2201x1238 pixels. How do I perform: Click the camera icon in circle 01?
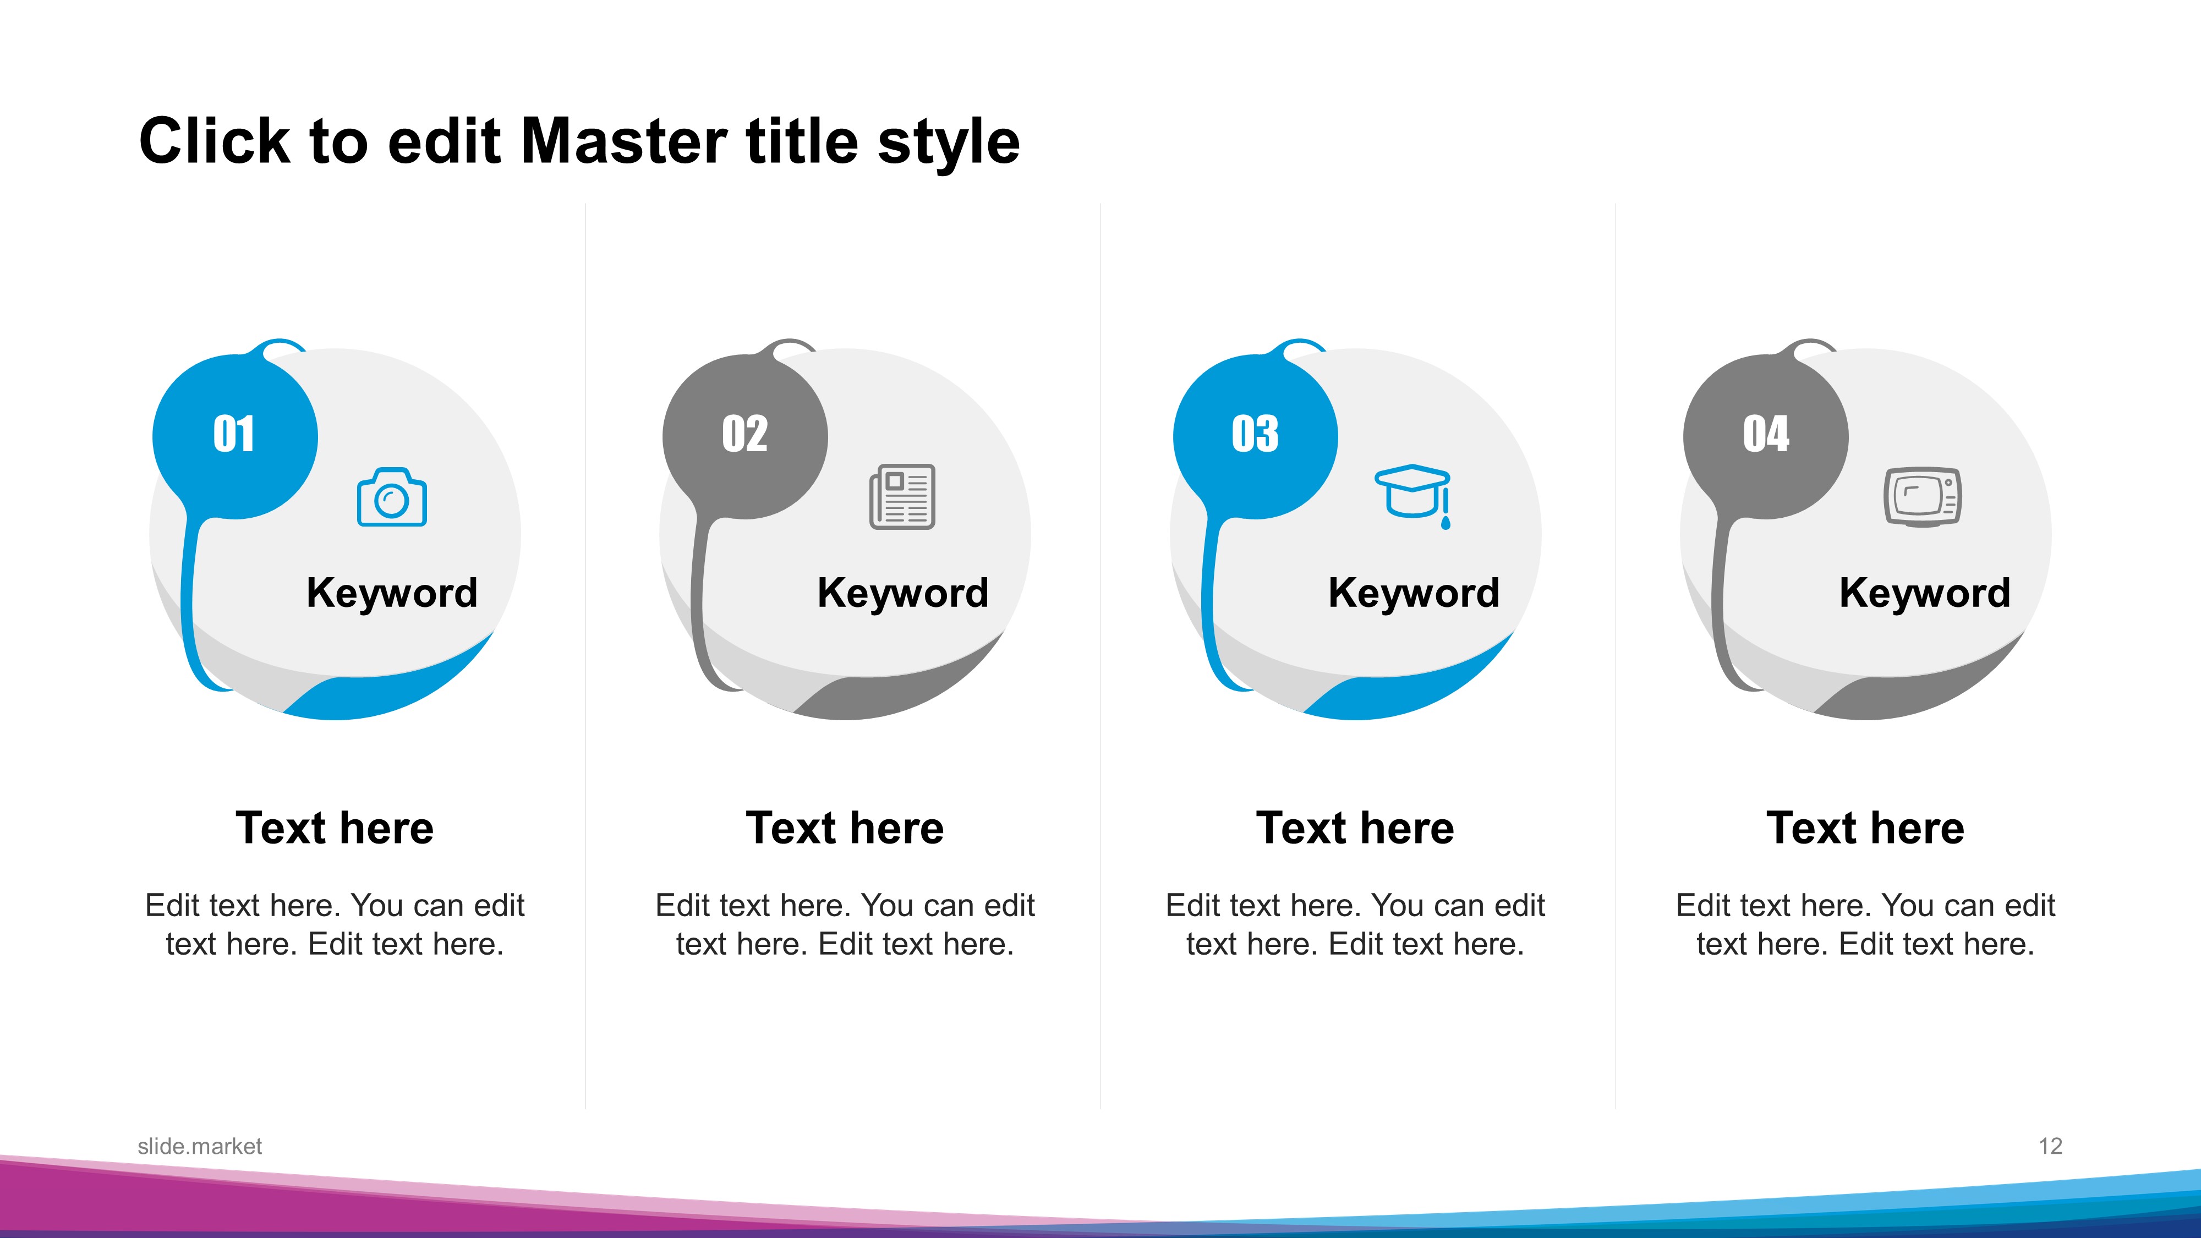point(391,497)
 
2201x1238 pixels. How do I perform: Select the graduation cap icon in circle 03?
point(1412,496)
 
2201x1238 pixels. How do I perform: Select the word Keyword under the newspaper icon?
point(903,594)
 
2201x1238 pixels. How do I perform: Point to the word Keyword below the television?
point(1925,594)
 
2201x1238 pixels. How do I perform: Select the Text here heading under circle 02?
point(845,828)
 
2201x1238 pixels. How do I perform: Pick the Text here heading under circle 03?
point(1355,828)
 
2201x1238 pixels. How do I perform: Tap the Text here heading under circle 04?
point(1866,828)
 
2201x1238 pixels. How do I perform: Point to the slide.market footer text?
point(200,1147)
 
